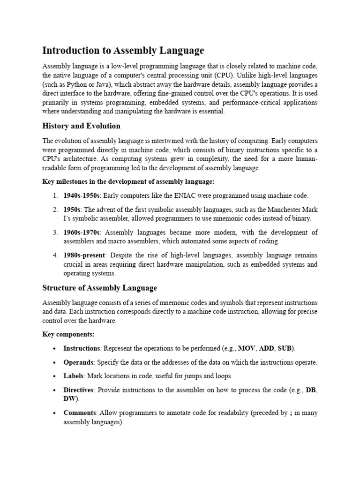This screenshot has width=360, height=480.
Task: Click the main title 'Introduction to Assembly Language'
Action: [123, 51]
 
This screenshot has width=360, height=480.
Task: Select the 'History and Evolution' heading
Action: [81, 126]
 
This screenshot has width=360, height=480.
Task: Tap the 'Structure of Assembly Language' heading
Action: [99, 288]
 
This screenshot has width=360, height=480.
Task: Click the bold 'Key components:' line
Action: [68, 334]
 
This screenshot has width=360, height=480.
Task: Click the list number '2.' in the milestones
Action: [55, 209]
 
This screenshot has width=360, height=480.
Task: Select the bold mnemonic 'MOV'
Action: [247, 348]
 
